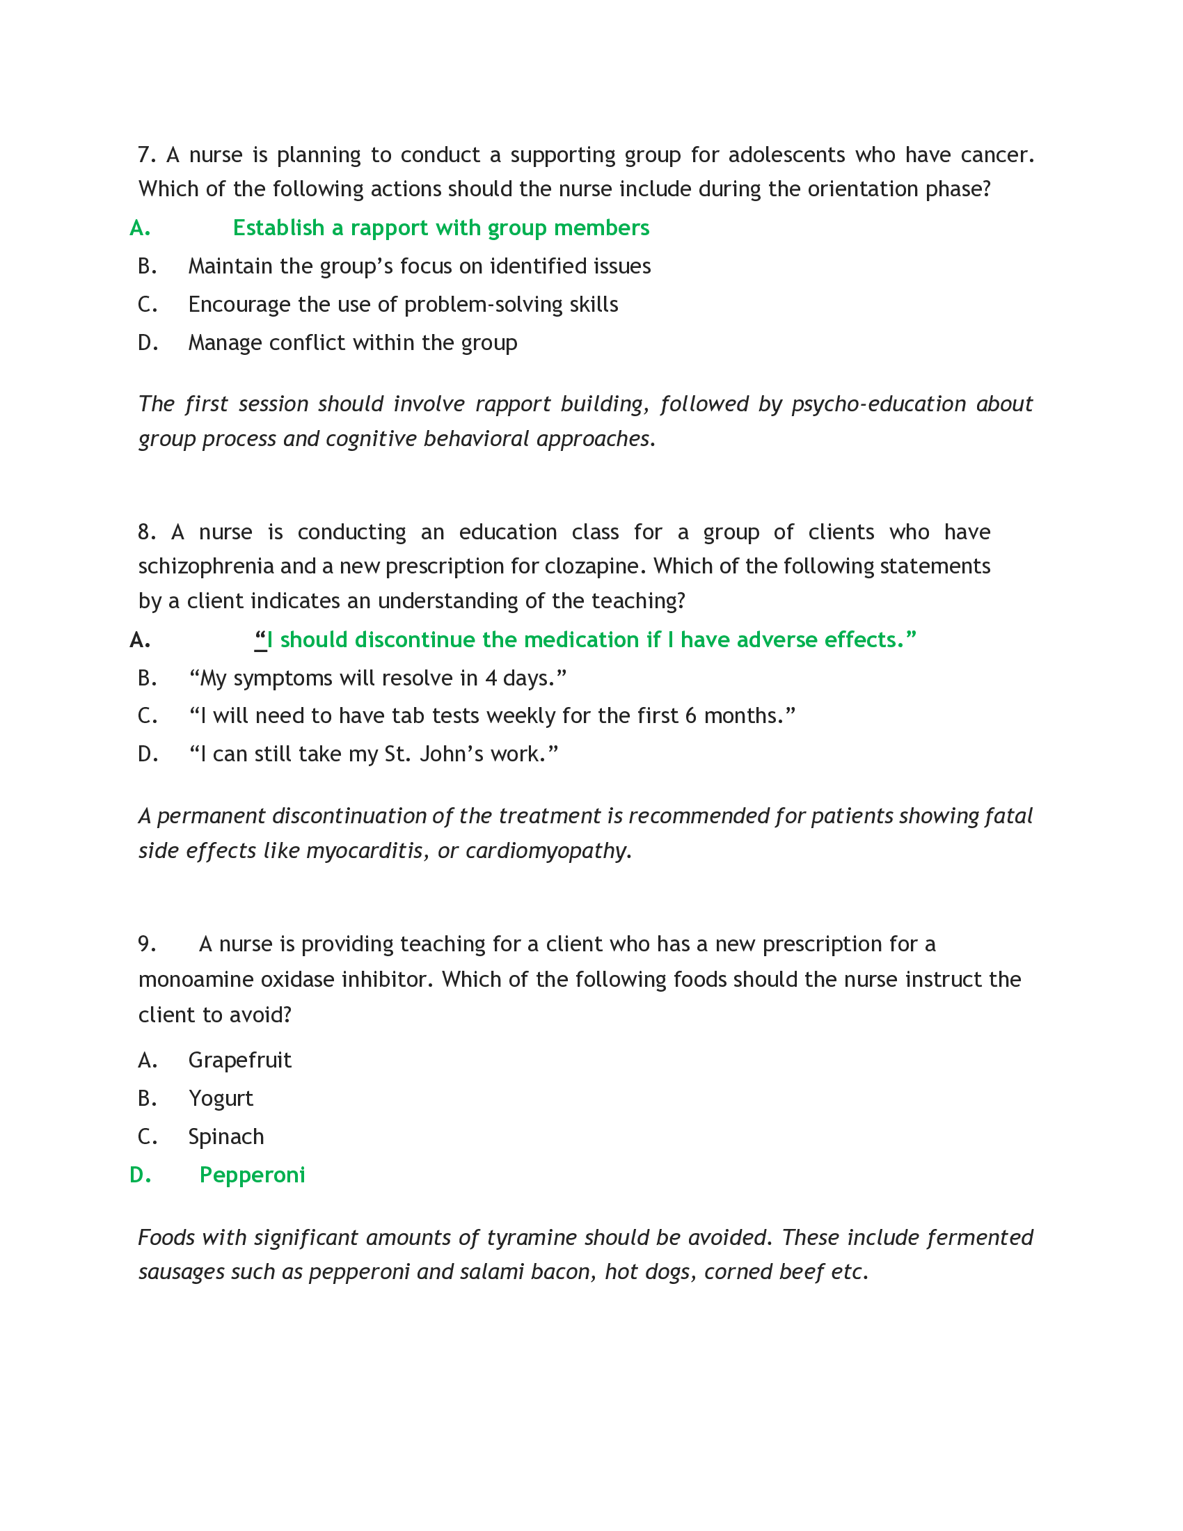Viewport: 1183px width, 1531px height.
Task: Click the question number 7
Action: pyautogui.click(x=146, y=155)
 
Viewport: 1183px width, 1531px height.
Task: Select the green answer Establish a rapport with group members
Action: pyautogui.click(x=440, y=228)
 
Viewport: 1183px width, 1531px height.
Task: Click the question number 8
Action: pyautogui.click(x=146, y=532)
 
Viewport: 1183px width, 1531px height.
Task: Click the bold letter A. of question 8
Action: pyautogui.click(x=140, y=640)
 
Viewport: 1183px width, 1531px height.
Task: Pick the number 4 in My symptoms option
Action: pyautogui.click(x=491, y=679)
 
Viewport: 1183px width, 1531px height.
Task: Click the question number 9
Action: pyautogui.click(x=146, y=944)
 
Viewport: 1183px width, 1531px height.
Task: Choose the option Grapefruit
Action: pyautogui.click(x=239, y=1060)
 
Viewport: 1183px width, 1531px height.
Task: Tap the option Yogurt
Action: pyautogui.click(x=221, y=1098)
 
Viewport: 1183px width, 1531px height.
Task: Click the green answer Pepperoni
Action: pyautogui.click(x=253, y=1175)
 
